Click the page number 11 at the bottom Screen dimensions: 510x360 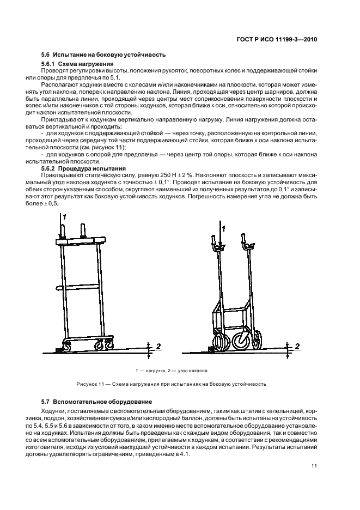[x=314, y=465]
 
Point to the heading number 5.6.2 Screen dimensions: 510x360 [x=50, y=169]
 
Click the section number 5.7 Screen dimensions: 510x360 [x=46, y=402]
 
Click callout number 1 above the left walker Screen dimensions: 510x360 [x=64, y=217]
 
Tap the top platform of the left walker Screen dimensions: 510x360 [x=81, y=240]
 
